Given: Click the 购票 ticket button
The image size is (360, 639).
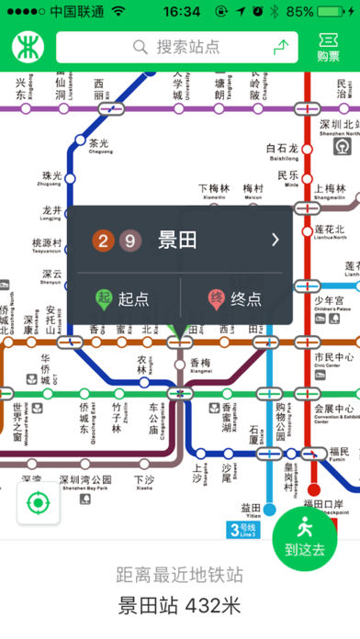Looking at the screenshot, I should [x=328, y=47].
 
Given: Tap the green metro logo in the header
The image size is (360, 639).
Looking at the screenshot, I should [x=28, y=47].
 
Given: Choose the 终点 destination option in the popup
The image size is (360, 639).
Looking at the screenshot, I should [x=235, y=299].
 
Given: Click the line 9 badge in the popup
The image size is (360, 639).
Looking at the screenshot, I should [x=130, y=241].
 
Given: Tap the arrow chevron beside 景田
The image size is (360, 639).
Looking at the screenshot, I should [x=275, y=241].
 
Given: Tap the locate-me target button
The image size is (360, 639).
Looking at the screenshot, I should [x=38, y=503].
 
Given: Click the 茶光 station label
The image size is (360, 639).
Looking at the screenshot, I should [x=98, y=144].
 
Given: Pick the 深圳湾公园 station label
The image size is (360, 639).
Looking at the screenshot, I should [x=84, y=480].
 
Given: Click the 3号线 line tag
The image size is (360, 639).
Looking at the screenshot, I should [x=246, y=530].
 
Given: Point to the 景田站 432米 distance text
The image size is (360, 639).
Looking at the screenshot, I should [x=179, y=606].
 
